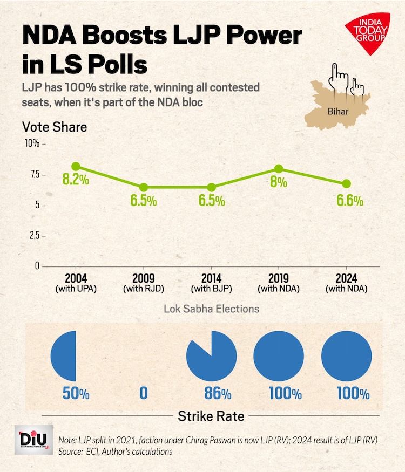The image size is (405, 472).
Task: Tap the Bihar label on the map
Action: [x=337, y=112]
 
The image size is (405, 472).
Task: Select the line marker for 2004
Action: [x=76, y=167]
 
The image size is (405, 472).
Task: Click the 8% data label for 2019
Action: [x=279, y=182]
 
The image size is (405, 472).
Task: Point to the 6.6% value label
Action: [x=350, y=201]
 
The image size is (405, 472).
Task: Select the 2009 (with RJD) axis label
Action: [x=144, y=283]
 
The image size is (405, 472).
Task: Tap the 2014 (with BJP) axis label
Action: [x=211, y=283]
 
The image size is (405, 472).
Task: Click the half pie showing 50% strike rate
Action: [x=64, y=356]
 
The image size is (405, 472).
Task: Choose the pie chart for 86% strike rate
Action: [x=211, y=357]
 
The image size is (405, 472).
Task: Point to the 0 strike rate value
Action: [x=143, y=393]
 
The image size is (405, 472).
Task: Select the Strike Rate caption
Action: [x=211, y=416]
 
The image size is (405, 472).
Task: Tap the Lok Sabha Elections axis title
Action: [x=211, y=309]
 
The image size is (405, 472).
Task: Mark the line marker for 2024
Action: [x=347, y=184]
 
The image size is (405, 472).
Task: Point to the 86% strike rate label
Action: [x=211, y=393]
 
